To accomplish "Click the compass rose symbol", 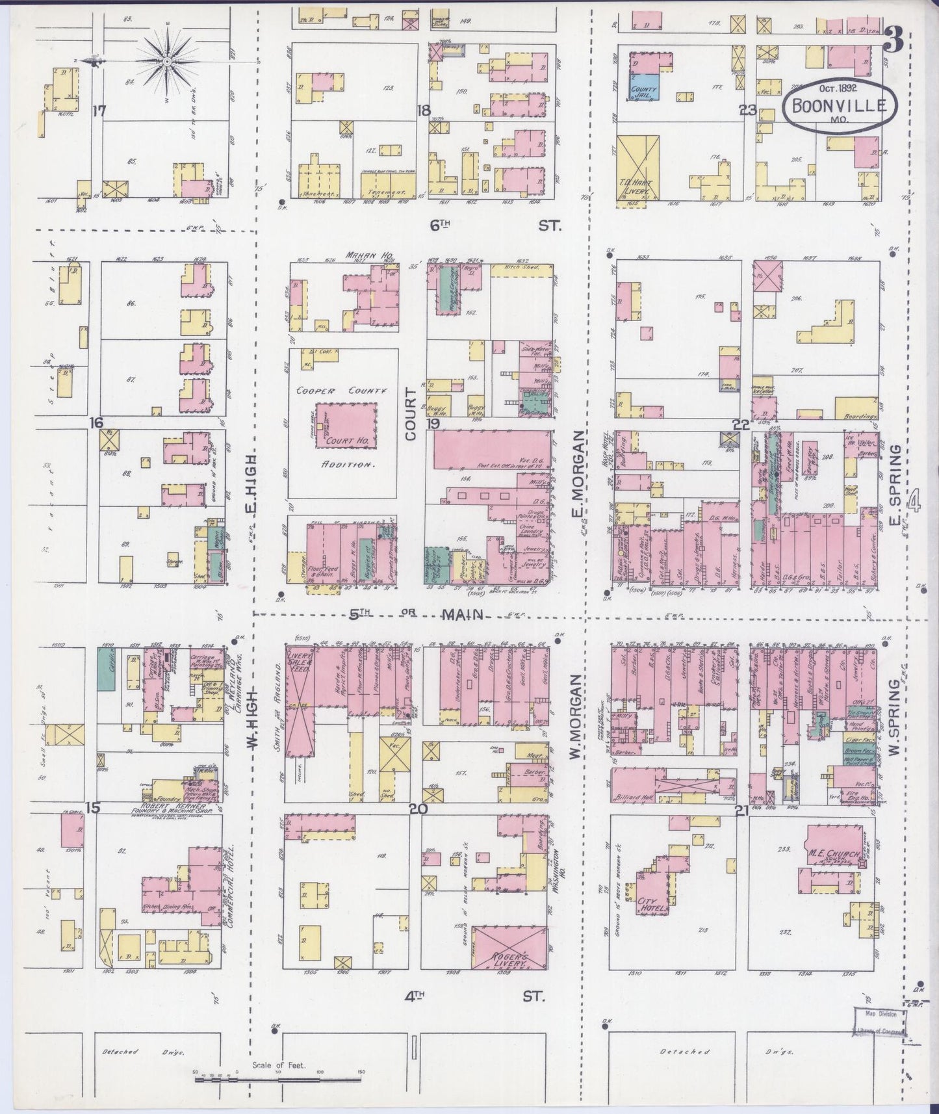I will coord(167,60).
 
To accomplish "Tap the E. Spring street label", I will coord(896,477).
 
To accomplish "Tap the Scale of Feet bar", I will coord(279,1080).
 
